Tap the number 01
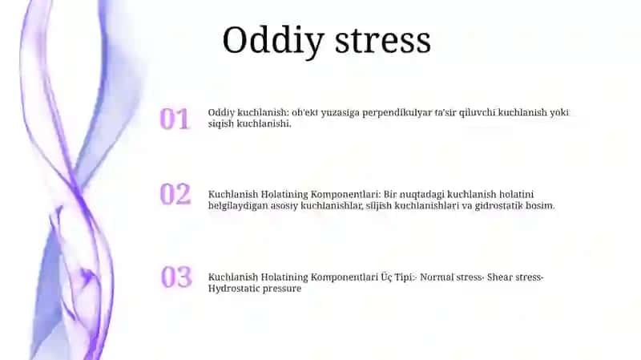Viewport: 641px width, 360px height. [x=175, y=119]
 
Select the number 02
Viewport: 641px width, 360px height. [x=175, y=194]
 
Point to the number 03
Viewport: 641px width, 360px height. [x=176, y=277]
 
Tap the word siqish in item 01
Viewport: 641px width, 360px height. [x=221, y=124]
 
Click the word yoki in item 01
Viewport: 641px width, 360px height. [x=559, y=112]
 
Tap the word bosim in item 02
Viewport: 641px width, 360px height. [x=540, y=205]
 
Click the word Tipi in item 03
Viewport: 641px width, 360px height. [x=404, y=277]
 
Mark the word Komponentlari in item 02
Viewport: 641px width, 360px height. [x=345, y=195]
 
